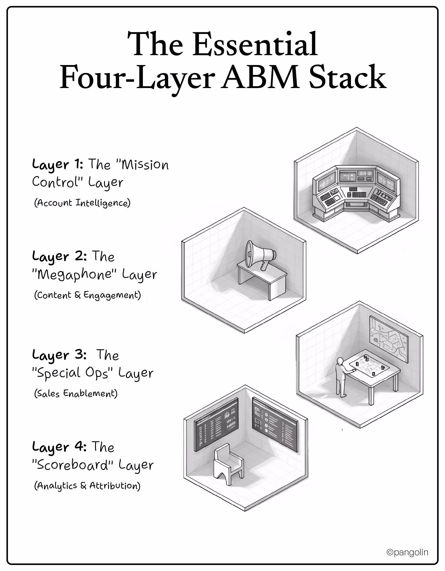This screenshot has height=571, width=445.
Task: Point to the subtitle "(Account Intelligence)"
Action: pyautogui.click(x=82, y=203)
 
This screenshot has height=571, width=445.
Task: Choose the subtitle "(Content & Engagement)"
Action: pyautogui.click(x=87, y=295)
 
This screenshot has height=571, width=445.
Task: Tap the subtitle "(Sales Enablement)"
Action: pyautogui.click(x=76, y=394)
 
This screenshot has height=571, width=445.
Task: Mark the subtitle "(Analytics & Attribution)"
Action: pyautogui.click(x=87, y=486)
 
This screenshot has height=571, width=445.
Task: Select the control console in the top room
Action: pyautogui.click(x=356, y=193)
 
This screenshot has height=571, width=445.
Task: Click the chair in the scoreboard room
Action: pyautogui.click(x=228, y=463)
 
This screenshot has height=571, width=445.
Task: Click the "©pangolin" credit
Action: pyautogui.click(x=407, y=552)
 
